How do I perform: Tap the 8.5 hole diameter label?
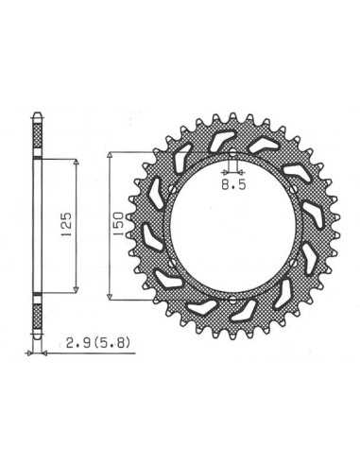pyautogui.click(x=233, y=185)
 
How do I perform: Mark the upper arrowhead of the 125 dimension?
pyautogui.click(x=76, y=162)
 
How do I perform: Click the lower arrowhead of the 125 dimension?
pyautogui.click(x=76, y=290)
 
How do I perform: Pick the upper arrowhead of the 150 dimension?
pyautogui.click(x=110, y=155)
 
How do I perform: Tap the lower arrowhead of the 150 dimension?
pyautogui.click(x=110, y=297)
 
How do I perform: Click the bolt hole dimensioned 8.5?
pyautogui.click(x=232, y=154)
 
